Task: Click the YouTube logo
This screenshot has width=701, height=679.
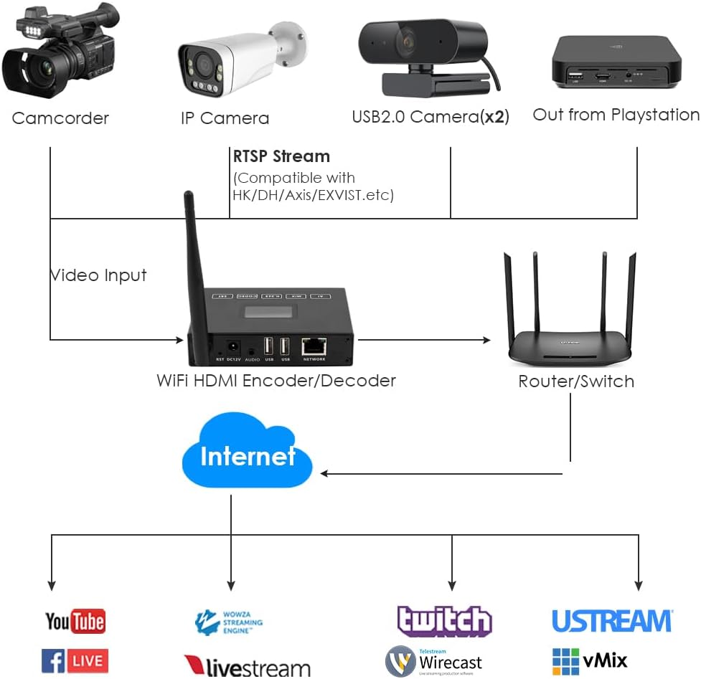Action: pos(75,621)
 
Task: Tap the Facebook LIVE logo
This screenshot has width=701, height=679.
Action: pos(75,660)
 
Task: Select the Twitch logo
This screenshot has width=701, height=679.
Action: pos(445,621)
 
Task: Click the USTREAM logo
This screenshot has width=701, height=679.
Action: pos(612,621)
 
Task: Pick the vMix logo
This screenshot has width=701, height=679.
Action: pos(590,660)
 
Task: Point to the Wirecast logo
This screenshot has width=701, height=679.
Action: pos(433,661)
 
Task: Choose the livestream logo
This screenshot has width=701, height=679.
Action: pos(248,666)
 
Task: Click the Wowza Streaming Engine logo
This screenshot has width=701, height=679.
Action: pos(229,622)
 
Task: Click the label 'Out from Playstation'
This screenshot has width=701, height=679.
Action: pos(616,115)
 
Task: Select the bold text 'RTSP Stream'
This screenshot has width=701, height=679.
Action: pos(281,156)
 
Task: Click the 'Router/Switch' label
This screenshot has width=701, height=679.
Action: pos(576,381)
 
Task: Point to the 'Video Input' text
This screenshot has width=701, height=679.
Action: pos(98,275)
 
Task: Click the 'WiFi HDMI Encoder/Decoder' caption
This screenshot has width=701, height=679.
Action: pos(276,380)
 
